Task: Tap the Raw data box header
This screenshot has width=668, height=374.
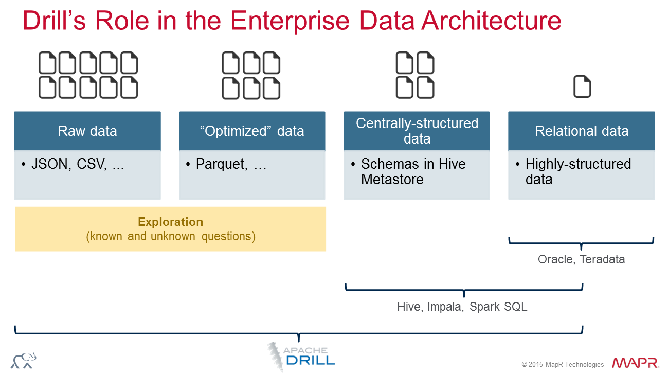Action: (x=87, y=131)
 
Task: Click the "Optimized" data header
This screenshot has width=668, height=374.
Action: (x=252, y=131)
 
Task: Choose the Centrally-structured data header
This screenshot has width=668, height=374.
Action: (x=417, y=131)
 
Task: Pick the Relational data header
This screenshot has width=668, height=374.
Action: (x=582, y=131)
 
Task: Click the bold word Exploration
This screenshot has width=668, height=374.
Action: (x=170, y=222)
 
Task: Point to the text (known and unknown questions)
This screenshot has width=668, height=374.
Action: (x=170, y=237)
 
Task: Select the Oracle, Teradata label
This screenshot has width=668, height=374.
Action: (x=581, y=259)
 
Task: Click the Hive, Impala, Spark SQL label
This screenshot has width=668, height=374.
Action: (x=462, y=307)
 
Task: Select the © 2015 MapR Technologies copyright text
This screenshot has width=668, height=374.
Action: (x=563, y=365)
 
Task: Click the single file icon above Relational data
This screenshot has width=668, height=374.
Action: (x=582, y=87)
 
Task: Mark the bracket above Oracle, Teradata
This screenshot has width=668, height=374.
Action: (x=581, y=242)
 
